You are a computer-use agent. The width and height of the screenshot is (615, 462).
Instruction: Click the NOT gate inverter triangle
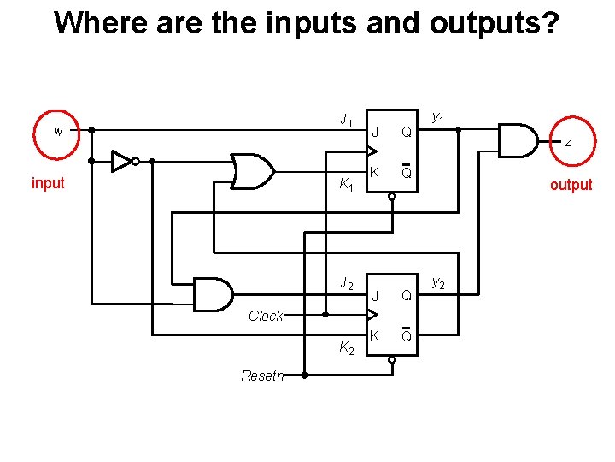coord(123,161)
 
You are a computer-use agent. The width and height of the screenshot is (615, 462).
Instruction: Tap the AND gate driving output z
coord(516,141)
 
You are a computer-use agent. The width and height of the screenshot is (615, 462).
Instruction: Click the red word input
coord(48,183)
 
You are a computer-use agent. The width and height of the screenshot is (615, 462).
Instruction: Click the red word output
coord(571,185)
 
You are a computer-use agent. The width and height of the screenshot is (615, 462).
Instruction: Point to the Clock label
coord(266,316)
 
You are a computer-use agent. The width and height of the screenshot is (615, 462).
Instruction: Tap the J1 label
coord(346,121)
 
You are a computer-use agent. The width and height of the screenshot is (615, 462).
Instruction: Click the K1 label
coord(345,183)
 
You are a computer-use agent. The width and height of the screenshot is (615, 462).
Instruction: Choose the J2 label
coord(346,283)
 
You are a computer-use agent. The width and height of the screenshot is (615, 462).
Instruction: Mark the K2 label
coord(345,347)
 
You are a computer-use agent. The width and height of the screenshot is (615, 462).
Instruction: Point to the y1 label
coord(437,116)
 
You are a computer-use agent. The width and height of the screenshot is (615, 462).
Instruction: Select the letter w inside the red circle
coord(58,132)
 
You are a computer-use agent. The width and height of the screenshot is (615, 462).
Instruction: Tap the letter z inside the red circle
coord(568,143)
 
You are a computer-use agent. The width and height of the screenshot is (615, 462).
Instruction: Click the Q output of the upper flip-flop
coord(407,133)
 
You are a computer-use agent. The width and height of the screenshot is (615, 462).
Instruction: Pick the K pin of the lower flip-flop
coord(373,335)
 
